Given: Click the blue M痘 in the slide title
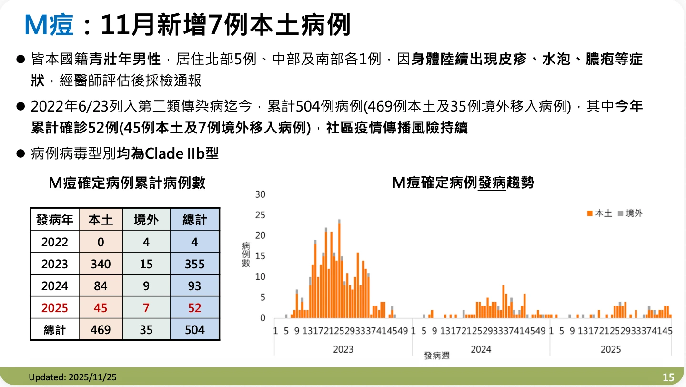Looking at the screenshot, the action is point(49,25).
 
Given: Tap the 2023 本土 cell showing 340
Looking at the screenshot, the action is point(101,264).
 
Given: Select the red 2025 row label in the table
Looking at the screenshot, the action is point(54,307).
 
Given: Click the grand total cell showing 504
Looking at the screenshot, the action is point(195,330).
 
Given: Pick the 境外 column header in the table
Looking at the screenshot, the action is point(146,220).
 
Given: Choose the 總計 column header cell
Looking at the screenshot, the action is point(195,220).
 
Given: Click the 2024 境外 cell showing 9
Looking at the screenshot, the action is point(146,286).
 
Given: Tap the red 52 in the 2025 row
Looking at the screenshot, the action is point(195,307).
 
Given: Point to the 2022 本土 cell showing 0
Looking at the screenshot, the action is point(101,242).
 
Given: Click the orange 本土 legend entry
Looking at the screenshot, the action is point(599,213).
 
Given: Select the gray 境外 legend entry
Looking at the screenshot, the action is point(630,213).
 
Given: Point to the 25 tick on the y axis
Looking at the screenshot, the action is point(260,215).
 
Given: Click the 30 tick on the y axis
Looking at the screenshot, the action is point(260,194).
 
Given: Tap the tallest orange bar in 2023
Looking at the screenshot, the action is point(339,270).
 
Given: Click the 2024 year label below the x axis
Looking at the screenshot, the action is point(481,349).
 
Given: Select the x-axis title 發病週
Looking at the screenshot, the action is point(437,356).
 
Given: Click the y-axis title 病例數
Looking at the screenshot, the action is point(246,255).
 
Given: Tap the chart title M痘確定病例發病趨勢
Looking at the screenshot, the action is point(463,183).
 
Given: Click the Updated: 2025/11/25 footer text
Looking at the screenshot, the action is point(72,377).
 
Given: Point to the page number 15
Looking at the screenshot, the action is point(668,377).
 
